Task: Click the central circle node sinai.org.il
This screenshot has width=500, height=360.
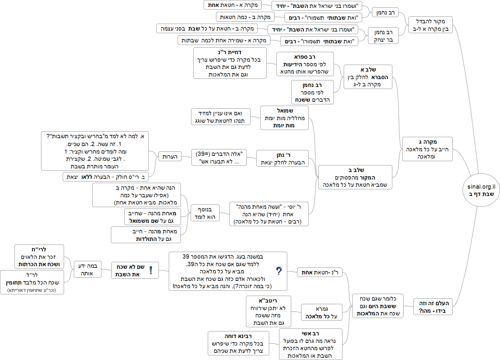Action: [481, 190]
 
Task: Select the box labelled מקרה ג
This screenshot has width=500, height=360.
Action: [427, 149]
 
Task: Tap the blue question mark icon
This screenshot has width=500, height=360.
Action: [279, 271]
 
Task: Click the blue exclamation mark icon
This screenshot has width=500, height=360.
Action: [151, 270]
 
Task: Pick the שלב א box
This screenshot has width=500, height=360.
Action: [368, 77]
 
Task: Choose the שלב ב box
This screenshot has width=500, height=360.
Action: [355, 177]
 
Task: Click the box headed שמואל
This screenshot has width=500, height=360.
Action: [284, 118]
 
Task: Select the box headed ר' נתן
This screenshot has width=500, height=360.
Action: [282, 159]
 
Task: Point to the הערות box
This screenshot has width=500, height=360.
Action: [170, 157]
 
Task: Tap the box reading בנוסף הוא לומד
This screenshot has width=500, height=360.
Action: [205, 213]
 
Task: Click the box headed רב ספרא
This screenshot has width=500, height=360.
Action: [305, 64]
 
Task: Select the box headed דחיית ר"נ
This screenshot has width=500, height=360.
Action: [229, 63]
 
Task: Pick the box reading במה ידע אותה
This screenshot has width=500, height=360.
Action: [88, 269]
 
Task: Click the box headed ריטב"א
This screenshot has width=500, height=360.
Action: [268, 311]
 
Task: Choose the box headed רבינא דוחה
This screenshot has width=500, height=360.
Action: [238, 343]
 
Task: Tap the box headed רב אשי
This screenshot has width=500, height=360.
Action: [310, 344]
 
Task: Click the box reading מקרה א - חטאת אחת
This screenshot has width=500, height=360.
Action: [232, 5]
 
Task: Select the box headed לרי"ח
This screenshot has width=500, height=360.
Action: [39, 257]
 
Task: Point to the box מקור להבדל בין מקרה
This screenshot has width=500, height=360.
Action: [430, 25]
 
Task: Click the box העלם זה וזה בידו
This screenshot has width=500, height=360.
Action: [433, 307]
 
